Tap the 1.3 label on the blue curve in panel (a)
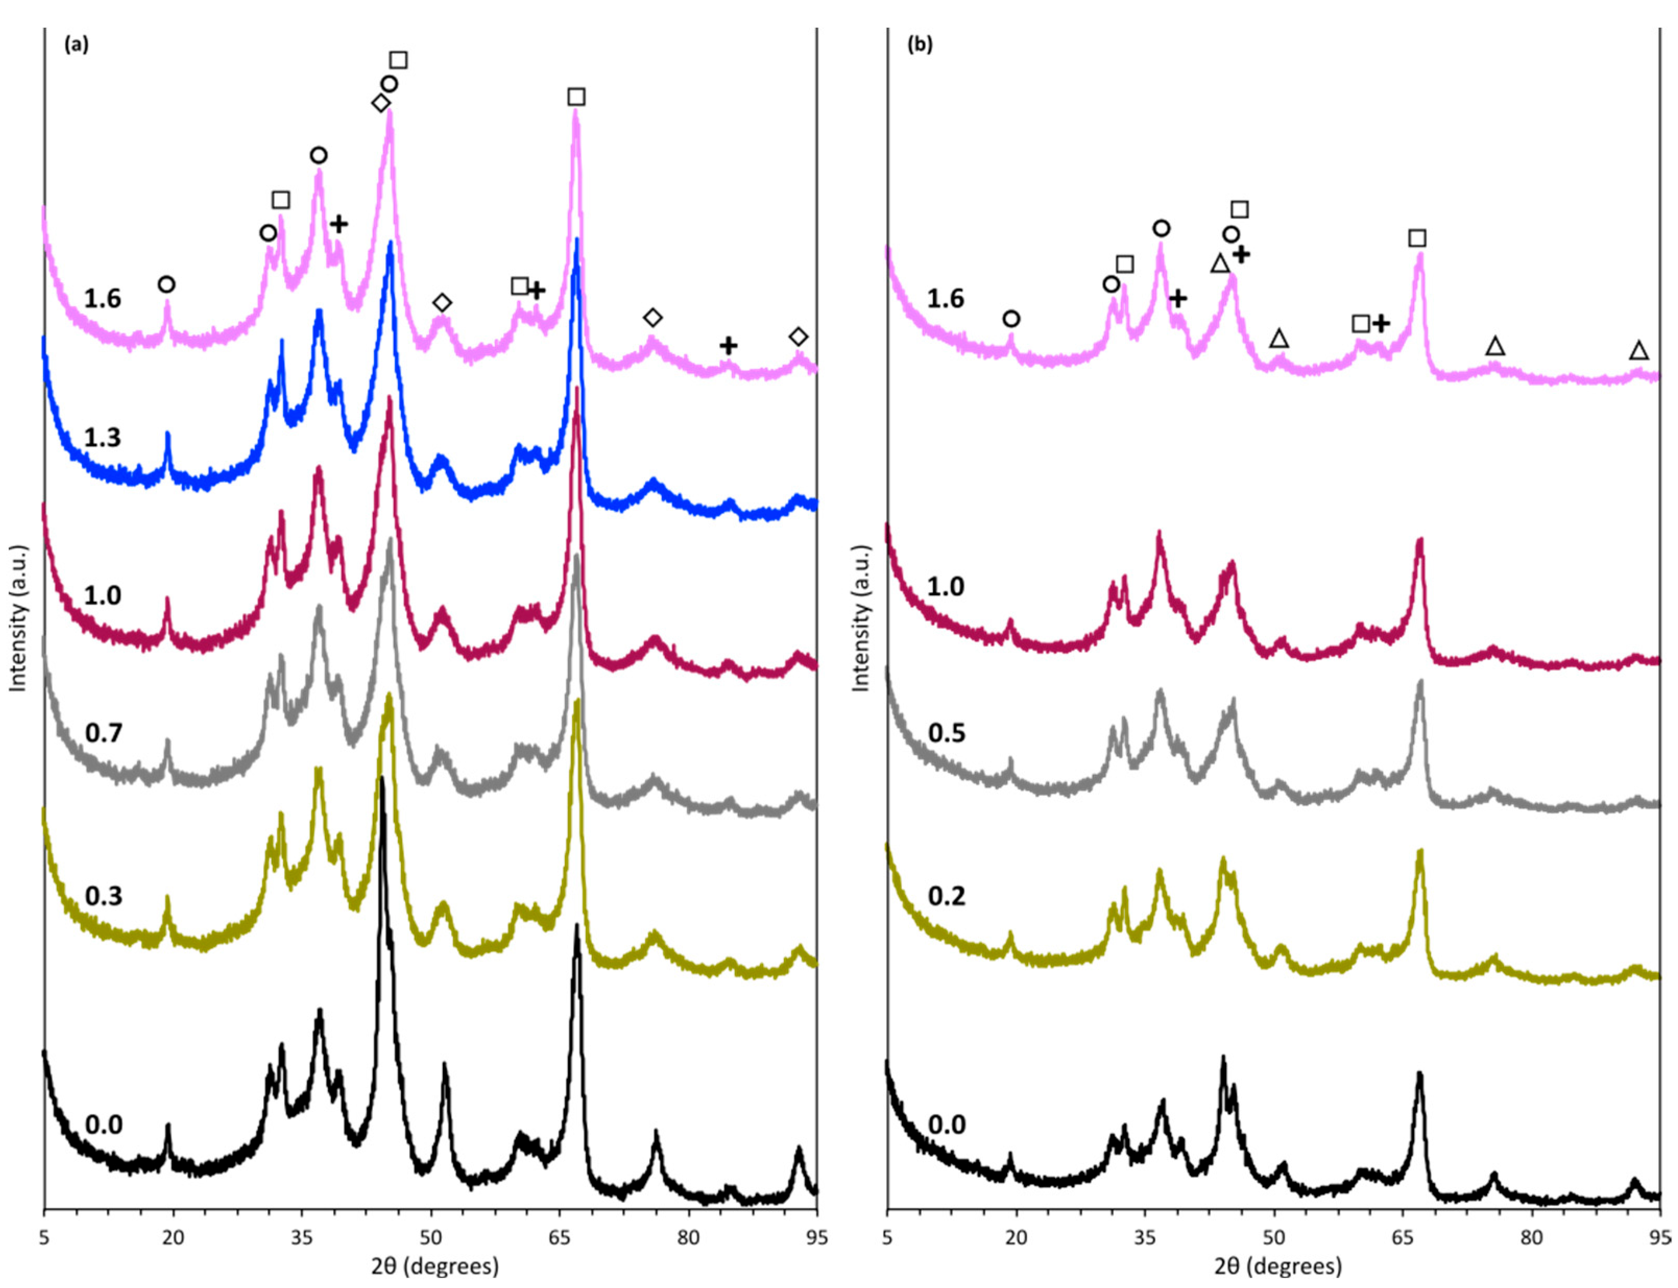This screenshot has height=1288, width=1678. pos(103,438)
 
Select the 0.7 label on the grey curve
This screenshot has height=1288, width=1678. pos(103,733)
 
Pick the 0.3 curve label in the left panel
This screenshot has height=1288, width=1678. pos(103,896)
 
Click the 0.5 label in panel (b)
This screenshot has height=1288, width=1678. pos(947,733)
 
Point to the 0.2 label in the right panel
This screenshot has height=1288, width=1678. pos(947,896)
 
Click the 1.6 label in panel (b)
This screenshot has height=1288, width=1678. pos(946,298)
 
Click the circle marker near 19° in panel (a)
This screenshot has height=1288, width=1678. pos(166,284)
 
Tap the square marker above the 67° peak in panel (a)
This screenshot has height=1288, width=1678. pos(576,97)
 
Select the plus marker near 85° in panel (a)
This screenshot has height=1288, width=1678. pos(728,346)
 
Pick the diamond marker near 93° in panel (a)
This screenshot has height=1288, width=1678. pos(799,336)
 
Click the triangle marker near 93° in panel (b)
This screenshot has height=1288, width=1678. pos(1639,351)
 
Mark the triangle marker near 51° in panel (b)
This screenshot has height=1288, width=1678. pos(1278,338)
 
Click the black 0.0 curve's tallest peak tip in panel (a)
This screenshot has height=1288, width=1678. pos(382,780)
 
